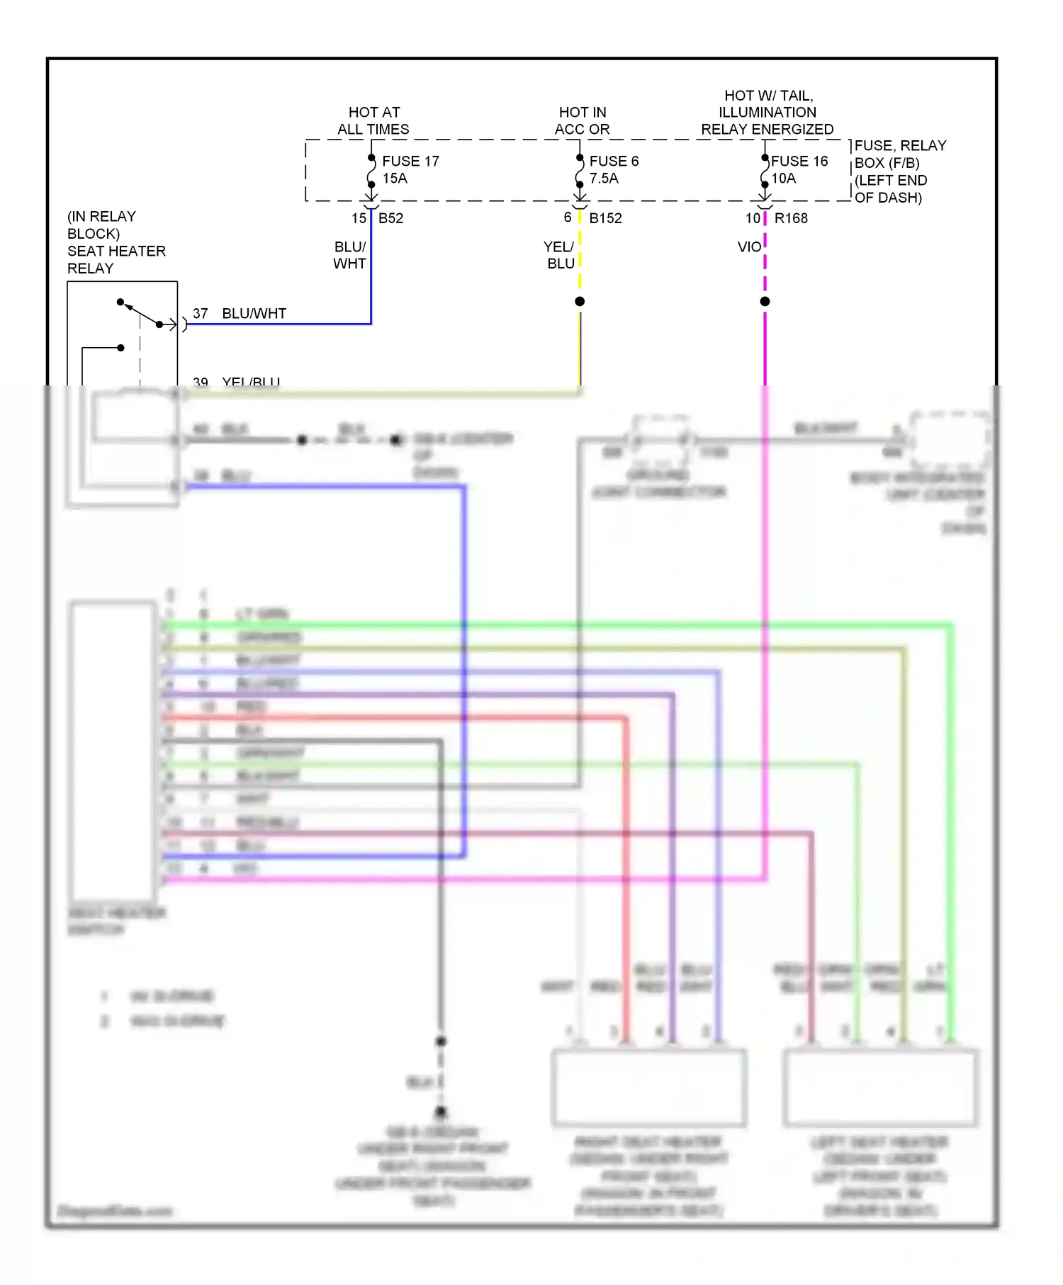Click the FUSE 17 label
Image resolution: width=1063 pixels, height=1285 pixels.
tap(410, 162)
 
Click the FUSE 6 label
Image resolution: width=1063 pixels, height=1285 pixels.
tap(614, 162)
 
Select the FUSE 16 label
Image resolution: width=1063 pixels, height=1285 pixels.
tap(799, 162)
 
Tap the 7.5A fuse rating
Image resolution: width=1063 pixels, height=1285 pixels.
tap(604, 179)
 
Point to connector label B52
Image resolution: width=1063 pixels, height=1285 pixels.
tap(390, 218)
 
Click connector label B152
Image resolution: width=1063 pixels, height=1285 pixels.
tap(605, 218)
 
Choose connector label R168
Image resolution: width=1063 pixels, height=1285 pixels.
tap(791, 218)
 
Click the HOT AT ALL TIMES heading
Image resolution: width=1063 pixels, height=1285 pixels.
tap(373, 121)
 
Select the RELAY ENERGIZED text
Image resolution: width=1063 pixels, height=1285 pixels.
tap(767, 130)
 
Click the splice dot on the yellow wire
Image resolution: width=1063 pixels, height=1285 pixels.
tap(580, 302)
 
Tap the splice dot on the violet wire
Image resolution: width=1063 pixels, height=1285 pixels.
tap(765, 302)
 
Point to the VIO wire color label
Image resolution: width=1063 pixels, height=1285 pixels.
tap(749, 247)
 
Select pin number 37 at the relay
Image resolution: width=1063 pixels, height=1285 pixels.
tap(201, 313)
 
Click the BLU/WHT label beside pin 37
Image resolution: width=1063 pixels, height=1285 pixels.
tap(254, 313)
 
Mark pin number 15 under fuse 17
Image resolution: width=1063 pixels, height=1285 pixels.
tap(359, 218)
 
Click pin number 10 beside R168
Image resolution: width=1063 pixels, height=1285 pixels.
tap(753, 218)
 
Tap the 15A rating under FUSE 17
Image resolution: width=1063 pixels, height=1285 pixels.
tap(395, 179)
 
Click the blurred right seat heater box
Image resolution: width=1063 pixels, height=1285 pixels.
tap(648, 1087)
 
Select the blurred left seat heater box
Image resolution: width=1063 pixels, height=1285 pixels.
tap(880, 1087)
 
